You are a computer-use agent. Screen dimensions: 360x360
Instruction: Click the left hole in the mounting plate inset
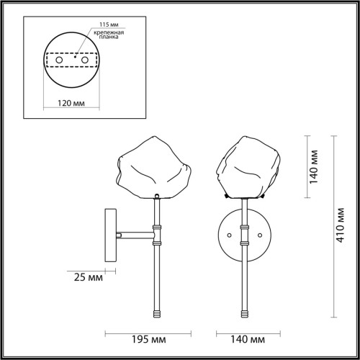pos(60,61)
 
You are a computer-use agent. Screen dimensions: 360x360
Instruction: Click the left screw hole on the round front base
pos(230,234)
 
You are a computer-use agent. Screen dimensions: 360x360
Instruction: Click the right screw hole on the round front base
pos(261,234)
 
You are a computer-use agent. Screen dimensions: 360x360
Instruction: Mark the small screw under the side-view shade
pos(157,197)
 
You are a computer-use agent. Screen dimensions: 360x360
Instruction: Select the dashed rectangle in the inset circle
pos(72,62)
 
